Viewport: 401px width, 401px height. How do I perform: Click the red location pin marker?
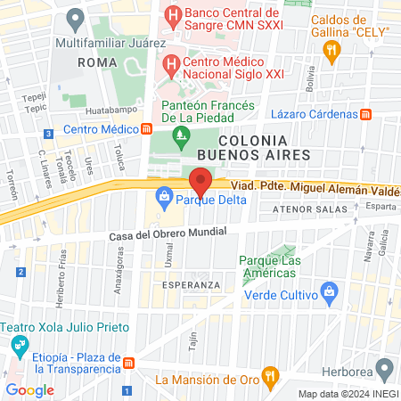(x=200, y=183)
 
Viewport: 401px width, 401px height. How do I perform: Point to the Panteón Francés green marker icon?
(x=182, y=137)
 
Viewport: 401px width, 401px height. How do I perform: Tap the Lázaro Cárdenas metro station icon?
(x=365, y=114)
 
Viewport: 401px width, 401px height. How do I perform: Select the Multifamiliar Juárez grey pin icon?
(x=75, y=19)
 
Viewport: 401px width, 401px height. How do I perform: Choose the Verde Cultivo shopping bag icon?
(x=329, y=291)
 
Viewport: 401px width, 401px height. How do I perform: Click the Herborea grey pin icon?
(x=384, y=368)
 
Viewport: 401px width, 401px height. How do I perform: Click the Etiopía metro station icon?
(x=130, y=364)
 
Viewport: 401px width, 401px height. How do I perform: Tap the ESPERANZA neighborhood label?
(x=191, y=284)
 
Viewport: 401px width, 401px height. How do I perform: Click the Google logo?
(x=29, y=389)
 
